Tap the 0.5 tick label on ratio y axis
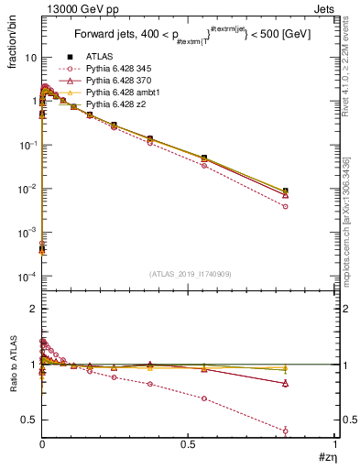[30, 420]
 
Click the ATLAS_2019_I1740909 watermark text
[189, 274]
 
